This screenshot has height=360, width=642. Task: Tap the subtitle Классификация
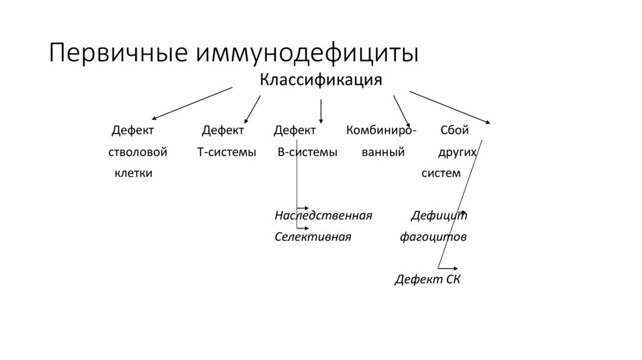pos(321,80)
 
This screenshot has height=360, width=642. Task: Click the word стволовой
pos(137,152)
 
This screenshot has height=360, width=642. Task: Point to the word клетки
pos(133,173)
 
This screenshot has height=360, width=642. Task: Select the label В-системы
pos(307,152)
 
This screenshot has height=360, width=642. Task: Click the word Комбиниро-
pos(380,131)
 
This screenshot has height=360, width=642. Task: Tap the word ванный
pos(382,152)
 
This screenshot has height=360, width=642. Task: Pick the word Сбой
pos(455,131)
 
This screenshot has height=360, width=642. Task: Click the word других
pos(457,152)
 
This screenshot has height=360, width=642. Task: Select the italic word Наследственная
pos(324,216)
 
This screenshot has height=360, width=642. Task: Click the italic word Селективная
pos(312,238)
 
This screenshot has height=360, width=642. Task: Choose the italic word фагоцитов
pos(433,238)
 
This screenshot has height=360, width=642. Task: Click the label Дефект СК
pos(427,280)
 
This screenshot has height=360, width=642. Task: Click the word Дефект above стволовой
pos(133,131)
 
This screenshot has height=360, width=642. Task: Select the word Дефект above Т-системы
pos(223,131)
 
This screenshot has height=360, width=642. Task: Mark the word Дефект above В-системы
pos(295,131)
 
